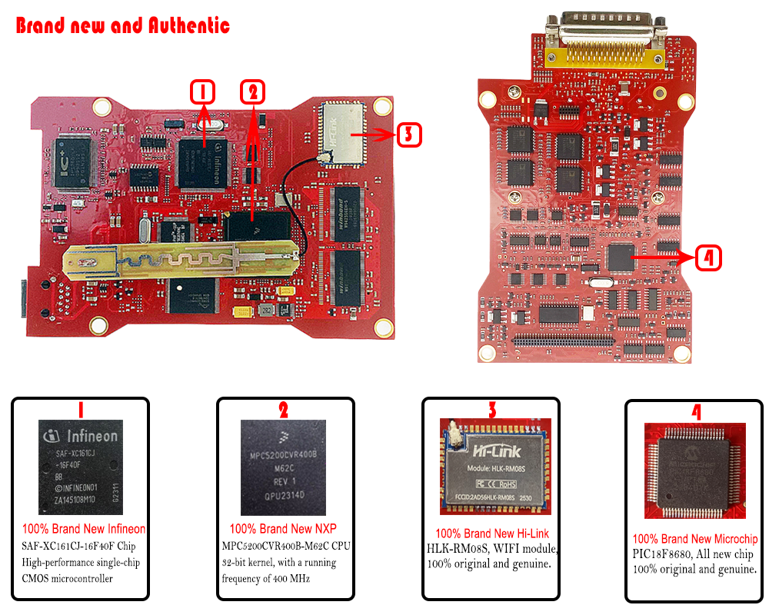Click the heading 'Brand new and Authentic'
(x=123, y=25)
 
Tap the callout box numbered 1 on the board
(x=202, y=93)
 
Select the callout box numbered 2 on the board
(x=252, y=93)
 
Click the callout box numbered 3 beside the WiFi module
(x=409, y=135)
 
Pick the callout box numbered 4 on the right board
(x=708, y=259)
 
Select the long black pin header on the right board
(x=563, y=338)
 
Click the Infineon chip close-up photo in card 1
(x=82, y=467)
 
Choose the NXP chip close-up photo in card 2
(x=284, y=467)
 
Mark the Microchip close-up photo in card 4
(x=695, y=470)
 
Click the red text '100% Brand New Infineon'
(x=84, y=529)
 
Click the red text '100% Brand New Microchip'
(x=695, y=539)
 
